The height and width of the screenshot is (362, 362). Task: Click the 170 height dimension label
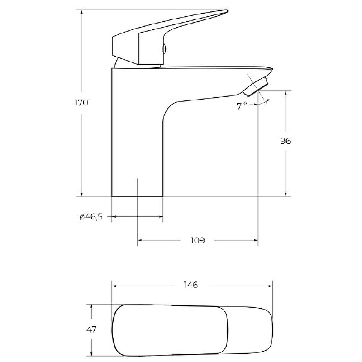tap(81, 102)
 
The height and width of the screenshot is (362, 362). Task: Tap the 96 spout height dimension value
tap(285, 141)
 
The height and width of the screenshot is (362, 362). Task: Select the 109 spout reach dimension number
tap(198, 240)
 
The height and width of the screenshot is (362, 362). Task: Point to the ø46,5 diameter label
tap(91, 217)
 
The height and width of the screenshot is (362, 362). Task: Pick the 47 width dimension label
tap(91, 329)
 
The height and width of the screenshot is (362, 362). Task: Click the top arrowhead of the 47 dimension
tap(92, 306)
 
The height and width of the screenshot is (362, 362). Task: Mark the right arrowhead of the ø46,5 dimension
tap(160, 217)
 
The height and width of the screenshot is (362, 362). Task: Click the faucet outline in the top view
tap(192, 329)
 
